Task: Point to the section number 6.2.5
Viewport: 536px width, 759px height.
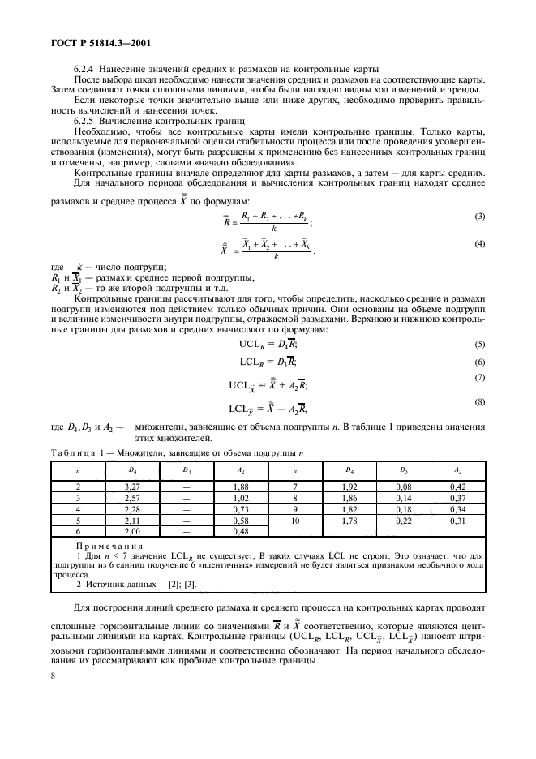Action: click(85, 120)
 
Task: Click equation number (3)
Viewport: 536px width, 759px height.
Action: click(479, 216)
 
